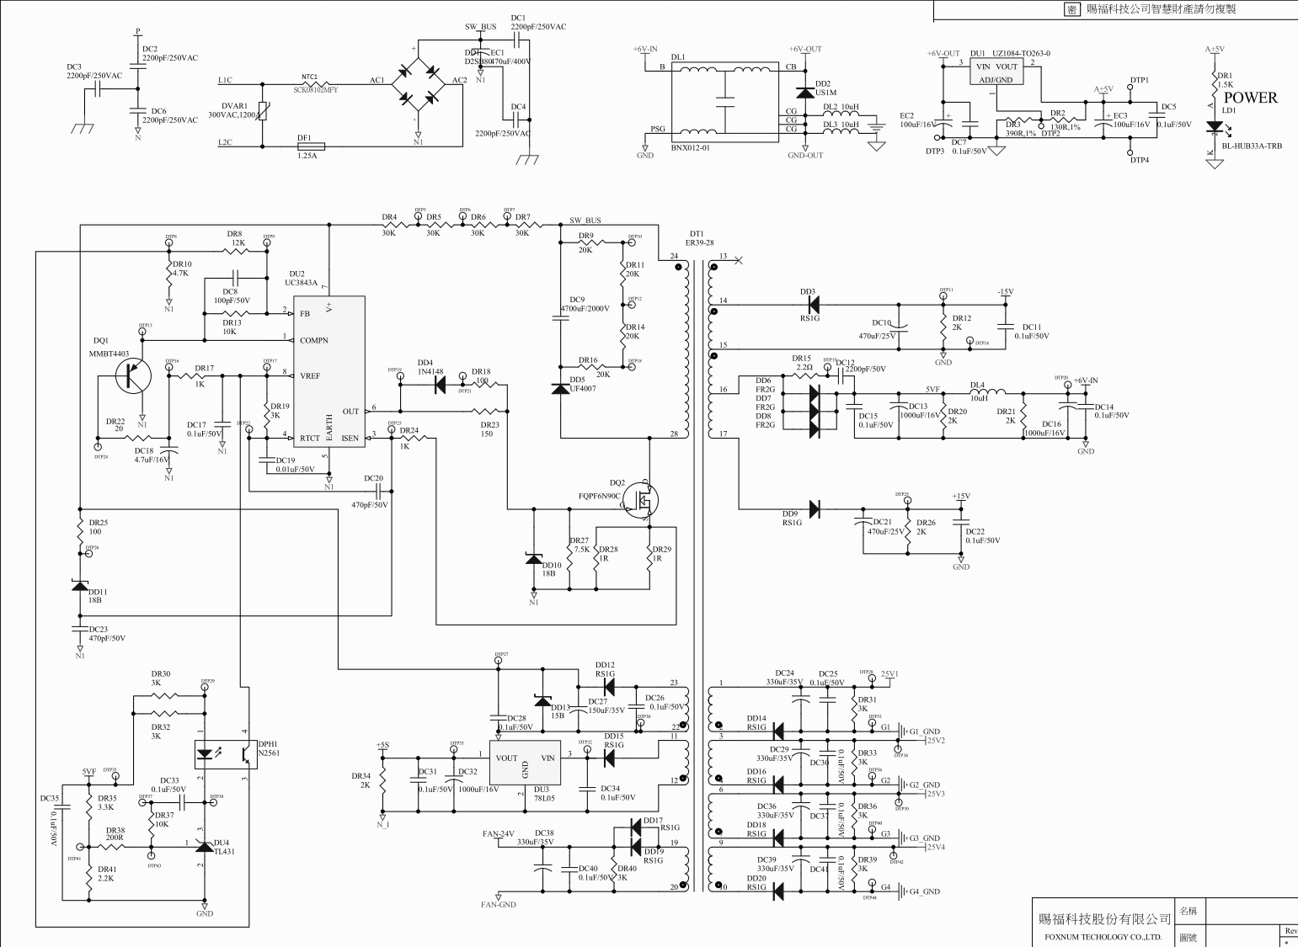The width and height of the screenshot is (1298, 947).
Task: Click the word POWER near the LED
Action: click(x=1250, y=98)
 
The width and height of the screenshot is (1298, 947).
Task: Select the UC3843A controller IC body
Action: click(x=329, y=371)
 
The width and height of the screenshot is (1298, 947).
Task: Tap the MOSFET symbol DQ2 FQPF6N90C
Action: click(x=645, y=500)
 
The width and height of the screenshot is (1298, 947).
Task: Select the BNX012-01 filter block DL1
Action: click(x=725, y=100)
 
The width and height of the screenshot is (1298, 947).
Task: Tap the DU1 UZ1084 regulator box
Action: click(x=997, y=72)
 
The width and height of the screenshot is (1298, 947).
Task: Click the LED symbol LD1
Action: click(x=1214, y=128)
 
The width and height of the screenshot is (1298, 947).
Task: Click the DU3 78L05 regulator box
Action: click(x=525, y=763)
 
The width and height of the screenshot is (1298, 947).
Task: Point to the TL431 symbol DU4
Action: click(x=205, y=845)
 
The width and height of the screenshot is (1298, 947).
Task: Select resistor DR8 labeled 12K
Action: click(x=238, y=251)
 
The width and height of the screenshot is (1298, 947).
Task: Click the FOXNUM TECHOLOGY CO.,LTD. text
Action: click(x=1103, y=937)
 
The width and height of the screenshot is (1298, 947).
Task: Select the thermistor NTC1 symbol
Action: click(x=310, y=83)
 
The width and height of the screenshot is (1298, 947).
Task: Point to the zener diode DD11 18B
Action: click(x=80, y=586)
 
